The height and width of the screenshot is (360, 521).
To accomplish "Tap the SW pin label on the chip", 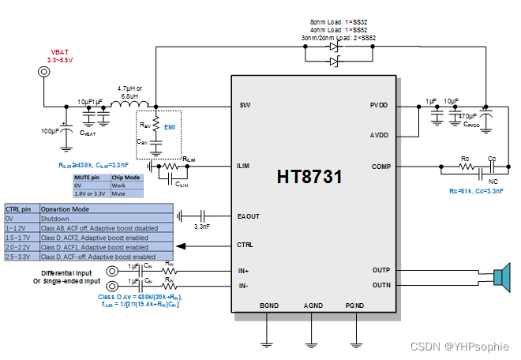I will tap(245, 105).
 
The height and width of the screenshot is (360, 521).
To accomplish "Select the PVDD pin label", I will tap(379, 105).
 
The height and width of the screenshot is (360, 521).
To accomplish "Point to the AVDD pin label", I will tap(379, 135).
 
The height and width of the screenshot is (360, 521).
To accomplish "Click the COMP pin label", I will tap(380, 167).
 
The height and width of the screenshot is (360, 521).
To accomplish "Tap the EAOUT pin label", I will tap(249, 215).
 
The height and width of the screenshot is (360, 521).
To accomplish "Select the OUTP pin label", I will tap(380, 270).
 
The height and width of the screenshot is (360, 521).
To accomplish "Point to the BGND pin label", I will tap(268, 306).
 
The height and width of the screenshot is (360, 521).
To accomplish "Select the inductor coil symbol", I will tap(126, 106).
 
